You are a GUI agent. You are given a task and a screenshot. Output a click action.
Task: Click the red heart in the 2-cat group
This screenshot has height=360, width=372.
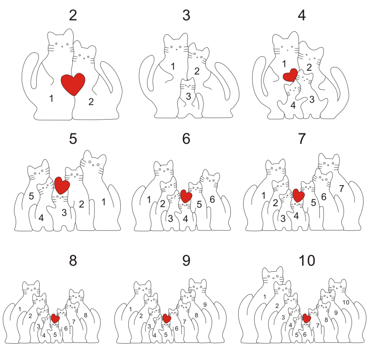[73, 84]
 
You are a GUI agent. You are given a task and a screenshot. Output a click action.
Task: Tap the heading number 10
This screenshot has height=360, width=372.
[307, 260]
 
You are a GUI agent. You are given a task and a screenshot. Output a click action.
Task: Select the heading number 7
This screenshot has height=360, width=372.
[301, 138]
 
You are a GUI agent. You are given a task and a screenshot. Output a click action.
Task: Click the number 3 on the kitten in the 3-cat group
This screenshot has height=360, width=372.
[189, 96]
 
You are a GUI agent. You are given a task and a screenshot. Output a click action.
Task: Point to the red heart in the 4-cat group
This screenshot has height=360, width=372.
[290, 75]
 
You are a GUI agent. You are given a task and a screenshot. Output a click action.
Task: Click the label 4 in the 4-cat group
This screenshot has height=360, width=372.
[293, 105]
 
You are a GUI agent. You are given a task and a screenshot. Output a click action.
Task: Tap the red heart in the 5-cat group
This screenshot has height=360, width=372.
[62, 185]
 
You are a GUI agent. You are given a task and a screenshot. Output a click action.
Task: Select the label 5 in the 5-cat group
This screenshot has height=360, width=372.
[31, 196]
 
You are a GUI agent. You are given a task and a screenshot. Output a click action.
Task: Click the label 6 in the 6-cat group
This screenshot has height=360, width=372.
[212, 199]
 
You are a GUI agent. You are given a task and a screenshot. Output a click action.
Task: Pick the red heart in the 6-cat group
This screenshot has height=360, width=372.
[186, 196]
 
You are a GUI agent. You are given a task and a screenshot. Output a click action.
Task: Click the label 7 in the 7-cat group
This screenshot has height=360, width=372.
[341, 189]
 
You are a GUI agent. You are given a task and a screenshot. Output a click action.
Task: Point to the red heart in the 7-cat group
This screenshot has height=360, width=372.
[298, 196]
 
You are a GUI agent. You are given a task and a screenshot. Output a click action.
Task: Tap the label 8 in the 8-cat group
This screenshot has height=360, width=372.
[86, 315]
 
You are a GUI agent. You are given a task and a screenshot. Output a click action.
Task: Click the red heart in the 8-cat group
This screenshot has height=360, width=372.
[55, 319]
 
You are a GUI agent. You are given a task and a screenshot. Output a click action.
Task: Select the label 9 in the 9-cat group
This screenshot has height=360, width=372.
[205, 304]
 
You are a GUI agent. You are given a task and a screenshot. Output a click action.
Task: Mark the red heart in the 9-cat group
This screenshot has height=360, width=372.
[167, 319]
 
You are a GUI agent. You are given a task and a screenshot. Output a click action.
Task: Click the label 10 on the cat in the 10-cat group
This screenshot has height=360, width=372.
[346, 302]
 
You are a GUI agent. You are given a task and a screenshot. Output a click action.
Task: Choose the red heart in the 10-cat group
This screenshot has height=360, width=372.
[307, 318]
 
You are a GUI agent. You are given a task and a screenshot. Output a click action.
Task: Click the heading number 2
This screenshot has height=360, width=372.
[73, 15]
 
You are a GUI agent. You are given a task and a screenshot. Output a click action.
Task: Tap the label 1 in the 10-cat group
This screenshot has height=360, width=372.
[265, 296]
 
